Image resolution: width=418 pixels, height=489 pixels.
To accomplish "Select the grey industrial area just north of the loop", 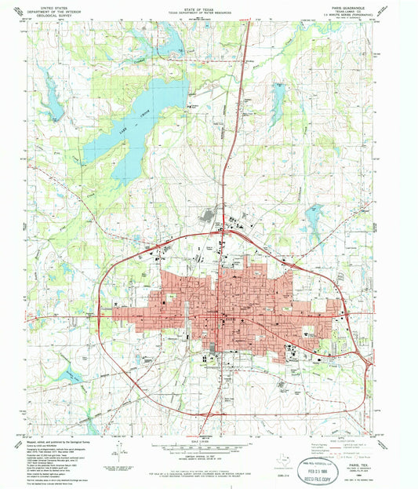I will [x=210, y=219].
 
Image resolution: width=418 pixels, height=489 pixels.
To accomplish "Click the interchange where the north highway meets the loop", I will [x=225, y=233].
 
